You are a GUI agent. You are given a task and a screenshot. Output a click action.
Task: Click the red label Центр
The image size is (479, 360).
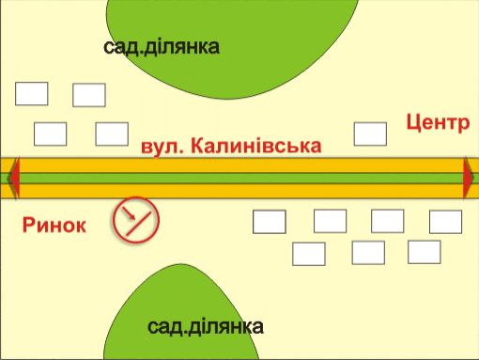[438, 123]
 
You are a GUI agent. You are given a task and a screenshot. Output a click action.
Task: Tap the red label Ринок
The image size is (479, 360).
[54, 226]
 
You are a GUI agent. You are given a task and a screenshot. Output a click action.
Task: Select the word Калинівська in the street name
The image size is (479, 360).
[255, 146]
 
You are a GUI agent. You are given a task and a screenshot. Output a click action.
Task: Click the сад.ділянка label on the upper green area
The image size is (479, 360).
[162, 47]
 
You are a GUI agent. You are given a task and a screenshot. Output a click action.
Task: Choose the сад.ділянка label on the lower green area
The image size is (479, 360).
[206, 327]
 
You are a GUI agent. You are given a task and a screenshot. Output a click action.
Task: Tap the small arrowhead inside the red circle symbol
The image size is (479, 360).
[132, 216]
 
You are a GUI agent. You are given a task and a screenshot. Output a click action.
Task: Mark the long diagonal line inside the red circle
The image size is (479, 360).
[138, 224]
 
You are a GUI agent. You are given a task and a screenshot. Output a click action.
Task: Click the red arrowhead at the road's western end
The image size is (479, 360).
[14, 178]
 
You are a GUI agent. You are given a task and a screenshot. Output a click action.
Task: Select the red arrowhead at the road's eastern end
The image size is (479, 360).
[469, 178]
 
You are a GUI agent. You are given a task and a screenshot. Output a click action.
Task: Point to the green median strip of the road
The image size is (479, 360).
[239, 178]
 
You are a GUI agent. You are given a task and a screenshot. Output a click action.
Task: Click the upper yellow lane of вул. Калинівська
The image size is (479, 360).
[239, 165]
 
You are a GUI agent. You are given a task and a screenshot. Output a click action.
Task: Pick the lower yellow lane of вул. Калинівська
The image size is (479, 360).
[239, 191]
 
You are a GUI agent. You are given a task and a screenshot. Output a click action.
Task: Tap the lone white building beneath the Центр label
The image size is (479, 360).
[370, 134]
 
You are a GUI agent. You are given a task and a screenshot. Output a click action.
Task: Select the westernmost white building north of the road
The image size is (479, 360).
[32, 94]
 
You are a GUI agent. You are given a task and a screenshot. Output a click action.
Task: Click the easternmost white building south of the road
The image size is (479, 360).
[445, 222]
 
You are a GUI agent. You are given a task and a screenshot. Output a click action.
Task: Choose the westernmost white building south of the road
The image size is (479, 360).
[270, 222]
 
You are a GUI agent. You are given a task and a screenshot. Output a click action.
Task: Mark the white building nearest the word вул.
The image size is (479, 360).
[112, 134]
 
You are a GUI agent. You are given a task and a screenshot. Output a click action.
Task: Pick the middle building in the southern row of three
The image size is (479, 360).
[368, 253]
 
